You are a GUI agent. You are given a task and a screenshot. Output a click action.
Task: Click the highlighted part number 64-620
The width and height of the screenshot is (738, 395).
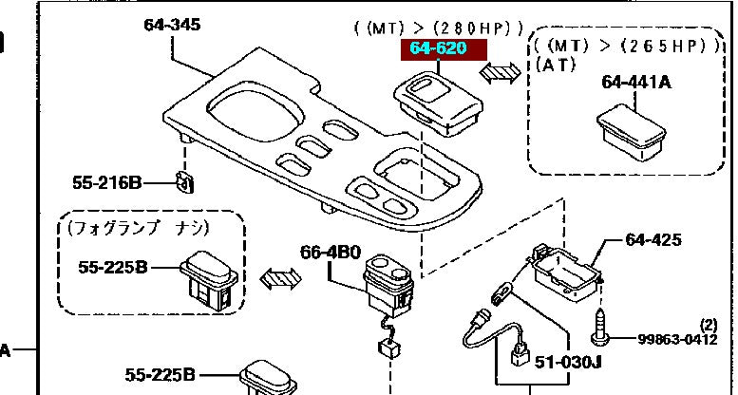point(439,48)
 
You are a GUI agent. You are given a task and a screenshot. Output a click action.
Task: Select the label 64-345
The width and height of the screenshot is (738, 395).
point(172,25)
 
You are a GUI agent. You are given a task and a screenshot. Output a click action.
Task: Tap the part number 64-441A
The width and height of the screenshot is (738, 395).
point(635,83)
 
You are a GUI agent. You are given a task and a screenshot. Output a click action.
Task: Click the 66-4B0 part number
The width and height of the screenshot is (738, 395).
point(330,254)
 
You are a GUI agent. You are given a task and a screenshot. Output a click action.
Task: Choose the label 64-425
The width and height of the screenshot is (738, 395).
point(653,240)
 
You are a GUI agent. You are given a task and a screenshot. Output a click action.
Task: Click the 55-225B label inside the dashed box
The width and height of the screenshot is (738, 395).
point(113,268)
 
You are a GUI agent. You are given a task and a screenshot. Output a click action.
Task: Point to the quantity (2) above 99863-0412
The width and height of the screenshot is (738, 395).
point(709,324)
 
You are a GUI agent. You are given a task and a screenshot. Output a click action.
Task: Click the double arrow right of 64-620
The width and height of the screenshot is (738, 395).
point(499,72)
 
